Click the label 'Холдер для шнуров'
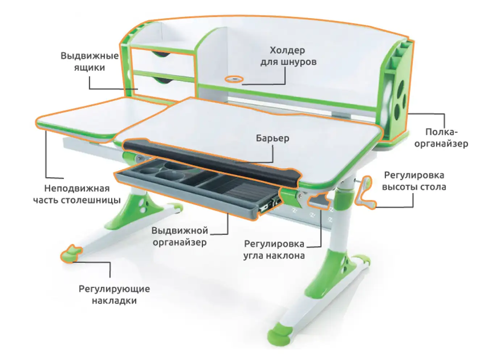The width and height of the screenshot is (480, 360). pos(288,56)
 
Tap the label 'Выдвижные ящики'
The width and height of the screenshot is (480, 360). pos(89,62)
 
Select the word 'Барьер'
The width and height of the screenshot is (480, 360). pos(272,138)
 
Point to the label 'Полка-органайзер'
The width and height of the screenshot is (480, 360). pos(441,138)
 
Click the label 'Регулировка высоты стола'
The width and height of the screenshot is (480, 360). pos(414,181)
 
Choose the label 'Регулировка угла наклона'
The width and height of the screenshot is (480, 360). pos(274,249)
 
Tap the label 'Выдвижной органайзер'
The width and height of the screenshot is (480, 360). pos(180,236)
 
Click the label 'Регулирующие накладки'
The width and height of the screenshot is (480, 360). pos(114,294)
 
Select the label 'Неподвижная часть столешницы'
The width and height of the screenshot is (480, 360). pos(77,194)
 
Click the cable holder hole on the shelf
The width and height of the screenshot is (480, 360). pos(234,79)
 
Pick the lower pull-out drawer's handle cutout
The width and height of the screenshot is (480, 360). pos(162,79)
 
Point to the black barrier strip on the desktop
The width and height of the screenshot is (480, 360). pos(210,159)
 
